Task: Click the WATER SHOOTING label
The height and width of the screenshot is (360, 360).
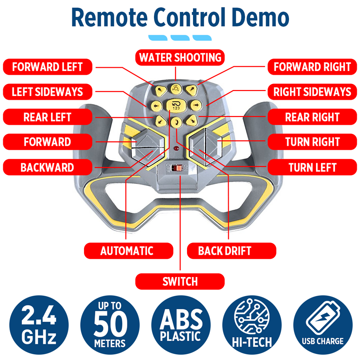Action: click(180, 57)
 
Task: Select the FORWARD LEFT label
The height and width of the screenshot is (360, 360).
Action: click(47, 67)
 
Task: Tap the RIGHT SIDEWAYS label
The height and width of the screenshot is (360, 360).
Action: click(312, 92)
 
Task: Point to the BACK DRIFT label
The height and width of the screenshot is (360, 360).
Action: click(225, 251)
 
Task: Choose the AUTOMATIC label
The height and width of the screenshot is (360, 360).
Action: click(127, 251)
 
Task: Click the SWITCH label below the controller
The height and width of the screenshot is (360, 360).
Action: click(180, 281)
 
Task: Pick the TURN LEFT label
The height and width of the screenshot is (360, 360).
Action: click(312, 167)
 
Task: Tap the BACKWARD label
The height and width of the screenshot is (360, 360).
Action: click(47, 167)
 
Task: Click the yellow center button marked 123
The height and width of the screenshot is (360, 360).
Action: click(176, 105)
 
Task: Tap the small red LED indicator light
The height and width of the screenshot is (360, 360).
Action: click(176, 150)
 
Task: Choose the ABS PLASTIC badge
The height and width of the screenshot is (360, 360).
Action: click(181, 325)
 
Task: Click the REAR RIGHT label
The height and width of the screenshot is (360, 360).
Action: click(312, 117)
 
